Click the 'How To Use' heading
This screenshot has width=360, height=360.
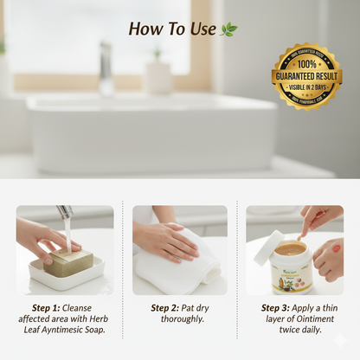171,29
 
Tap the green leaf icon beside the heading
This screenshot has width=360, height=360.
228,29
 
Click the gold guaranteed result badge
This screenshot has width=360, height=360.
306,77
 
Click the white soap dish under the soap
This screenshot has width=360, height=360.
67,278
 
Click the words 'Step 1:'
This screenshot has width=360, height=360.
47,307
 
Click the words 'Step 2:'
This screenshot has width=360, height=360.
164,307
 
